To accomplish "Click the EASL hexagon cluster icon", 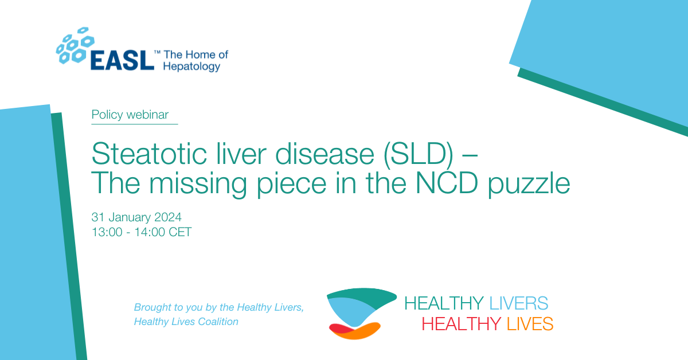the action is (x=75, y=45).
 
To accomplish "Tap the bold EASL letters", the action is (x=122, y=61).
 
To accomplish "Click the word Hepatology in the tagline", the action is (x=191, y=66).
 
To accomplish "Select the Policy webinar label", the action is (x=130, y=115).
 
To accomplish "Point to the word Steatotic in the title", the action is (x=149, y=154).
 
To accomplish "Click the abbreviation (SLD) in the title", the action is (x=419, y=155).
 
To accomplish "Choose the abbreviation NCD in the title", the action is (x=447, y=183).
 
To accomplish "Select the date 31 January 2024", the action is (x=136, y=217).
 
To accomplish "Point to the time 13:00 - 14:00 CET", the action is (x=142, y=232).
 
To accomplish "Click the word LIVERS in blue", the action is (x=518, y=303).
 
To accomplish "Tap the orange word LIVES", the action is (x=530, y=324).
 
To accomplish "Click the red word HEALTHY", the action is (x=462, y=324).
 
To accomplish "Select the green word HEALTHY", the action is (x=444, y=303).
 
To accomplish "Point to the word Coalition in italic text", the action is (x=218, y=322).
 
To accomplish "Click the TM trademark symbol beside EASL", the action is (x=157, y=53).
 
